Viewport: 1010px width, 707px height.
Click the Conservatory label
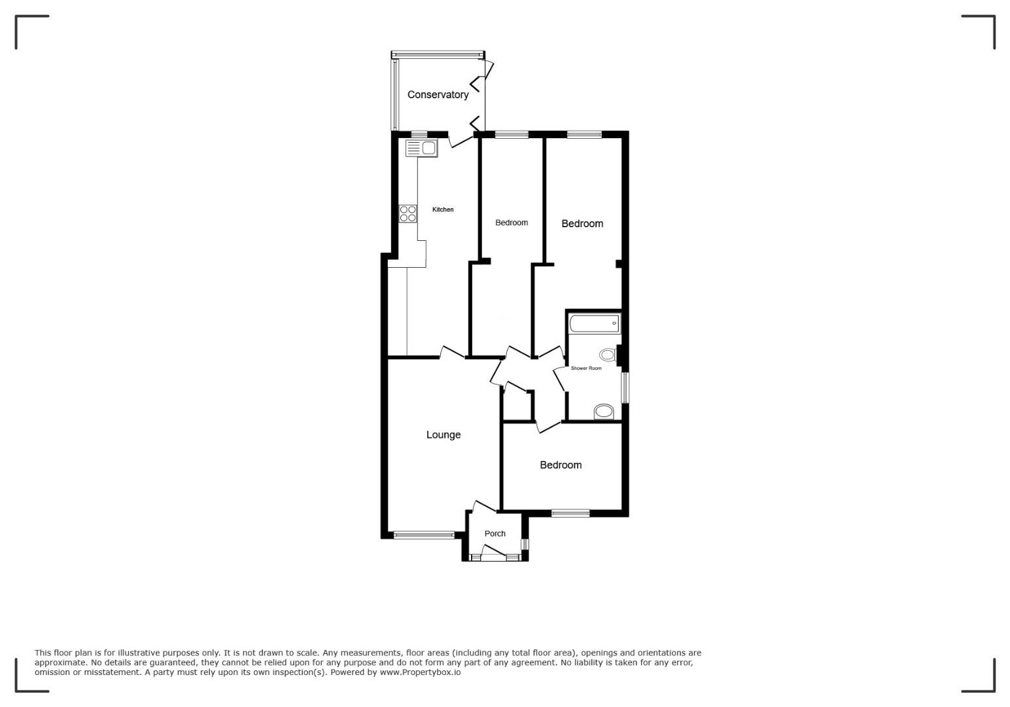coord(438,95)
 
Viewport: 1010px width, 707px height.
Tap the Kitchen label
coord(443,209)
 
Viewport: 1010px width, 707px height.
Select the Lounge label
coord(444,435)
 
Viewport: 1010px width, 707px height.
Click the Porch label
coord(495,534)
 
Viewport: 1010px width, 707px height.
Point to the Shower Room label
coord(586,368)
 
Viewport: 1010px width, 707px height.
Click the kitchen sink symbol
coord(421,148)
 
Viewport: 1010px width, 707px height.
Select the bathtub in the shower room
coord(594,323)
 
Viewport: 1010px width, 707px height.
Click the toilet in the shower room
coord(608,355)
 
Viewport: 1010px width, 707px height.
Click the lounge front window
coord(424,535)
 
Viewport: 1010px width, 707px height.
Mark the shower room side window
coord(625,388)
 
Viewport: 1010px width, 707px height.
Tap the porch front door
coord(493,553)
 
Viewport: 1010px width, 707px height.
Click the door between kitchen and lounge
coord(452,352)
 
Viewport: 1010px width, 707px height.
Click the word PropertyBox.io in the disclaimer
coord(420,672)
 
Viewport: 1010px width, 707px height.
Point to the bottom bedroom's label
coord(561,465)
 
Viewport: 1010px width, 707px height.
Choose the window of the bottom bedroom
coord(570,513)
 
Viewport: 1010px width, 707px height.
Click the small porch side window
coord(525,544)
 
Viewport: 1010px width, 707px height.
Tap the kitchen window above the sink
coord(419,134)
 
